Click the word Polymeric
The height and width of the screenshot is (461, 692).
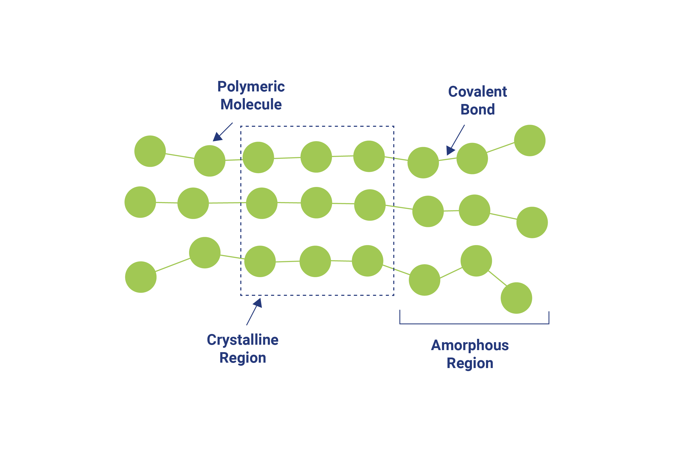click(x=251, y=87)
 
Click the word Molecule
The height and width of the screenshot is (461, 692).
click(x=251, y=104)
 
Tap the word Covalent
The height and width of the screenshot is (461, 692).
click(x=477, y=92)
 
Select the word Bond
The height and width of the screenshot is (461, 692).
click(x=477, y=109)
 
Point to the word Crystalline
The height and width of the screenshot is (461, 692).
click(x=242, y=340)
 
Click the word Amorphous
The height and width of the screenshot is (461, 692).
click(x=469, y=345)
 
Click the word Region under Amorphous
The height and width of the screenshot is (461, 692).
click(x=469, y=363)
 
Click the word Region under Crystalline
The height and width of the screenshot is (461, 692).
click(x=242, y=358)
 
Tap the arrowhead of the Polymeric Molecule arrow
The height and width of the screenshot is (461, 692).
click(x=217, y=137)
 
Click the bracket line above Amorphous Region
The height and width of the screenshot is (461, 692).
click(x=474, y=324)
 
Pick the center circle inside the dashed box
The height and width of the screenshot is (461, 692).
click(x=316, y=203)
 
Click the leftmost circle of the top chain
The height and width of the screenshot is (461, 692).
click(x=150, y=151)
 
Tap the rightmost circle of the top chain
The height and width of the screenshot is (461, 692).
click(x=529, y=140)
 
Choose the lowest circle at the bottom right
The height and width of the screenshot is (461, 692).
click(x=516, y=298)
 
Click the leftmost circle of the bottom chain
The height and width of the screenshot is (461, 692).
click(x=141, y=277)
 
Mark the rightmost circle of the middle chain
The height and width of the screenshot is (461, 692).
click(x=532, y=222)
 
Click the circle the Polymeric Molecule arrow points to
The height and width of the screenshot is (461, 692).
click(x=209, y=161)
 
